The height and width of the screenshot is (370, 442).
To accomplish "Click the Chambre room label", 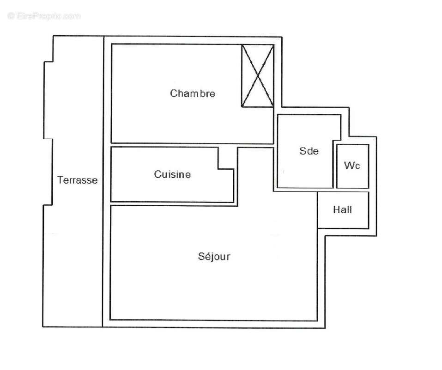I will tap(193, 93).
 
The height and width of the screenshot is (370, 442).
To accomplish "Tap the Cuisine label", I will tap(172, 175).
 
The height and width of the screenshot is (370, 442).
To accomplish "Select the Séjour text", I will tap(213, 256).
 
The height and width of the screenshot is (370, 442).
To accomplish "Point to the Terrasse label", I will tap(77, 180).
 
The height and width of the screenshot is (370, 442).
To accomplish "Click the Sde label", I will tap(309, 151).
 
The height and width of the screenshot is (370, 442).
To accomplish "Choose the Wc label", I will tap(352, 166).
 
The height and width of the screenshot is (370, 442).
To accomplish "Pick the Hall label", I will tap(343, 210).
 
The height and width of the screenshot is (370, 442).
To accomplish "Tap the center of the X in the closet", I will tap(257, 76).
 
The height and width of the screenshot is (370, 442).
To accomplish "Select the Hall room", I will tap(343, 220).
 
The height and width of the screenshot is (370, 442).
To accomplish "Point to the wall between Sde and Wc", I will tap(334, 166).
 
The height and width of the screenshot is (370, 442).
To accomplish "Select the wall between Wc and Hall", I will tap(352, 190).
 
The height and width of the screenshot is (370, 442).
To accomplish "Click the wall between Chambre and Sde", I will tap(275, 129).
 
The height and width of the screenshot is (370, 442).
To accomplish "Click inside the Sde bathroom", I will tap(305, 171).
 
